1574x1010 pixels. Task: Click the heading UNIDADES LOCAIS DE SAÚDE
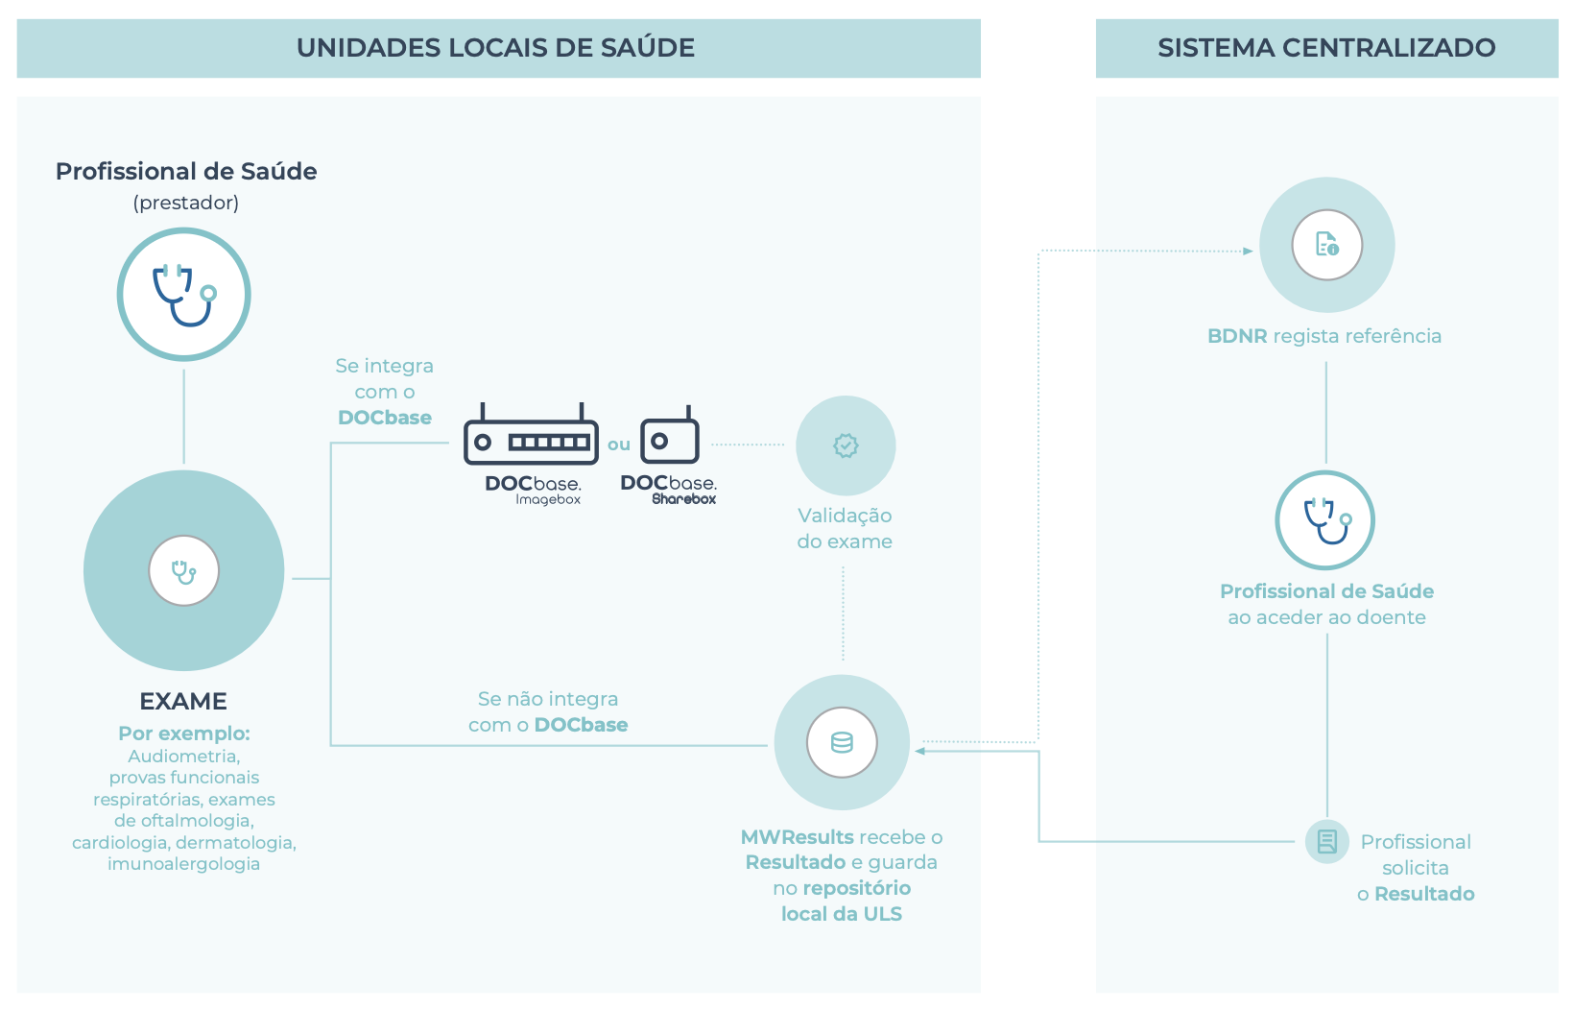495,48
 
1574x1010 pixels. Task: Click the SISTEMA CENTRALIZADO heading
1326,48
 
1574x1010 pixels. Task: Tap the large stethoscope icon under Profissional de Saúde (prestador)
184,295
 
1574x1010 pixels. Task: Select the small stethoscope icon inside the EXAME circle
184,571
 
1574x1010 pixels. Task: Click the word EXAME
183,702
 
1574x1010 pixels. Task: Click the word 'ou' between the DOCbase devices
619,445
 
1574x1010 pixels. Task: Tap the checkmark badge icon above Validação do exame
846,445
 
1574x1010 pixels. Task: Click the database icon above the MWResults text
842,742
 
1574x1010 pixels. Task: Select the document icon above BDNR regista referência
1327,245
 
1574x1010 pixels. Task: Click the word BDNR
1237,336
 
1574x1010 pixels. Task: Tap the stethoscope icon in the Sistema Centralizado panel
1325,520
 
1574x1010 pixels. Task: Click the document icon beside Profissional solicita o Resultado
1327,842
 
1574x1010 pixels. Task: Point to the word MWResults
797,837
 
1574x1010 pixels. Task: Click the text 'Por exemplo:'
184,733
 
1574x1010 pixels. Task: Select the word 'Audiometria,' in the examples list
184,757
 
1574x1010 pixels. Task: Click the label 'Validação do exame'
845,528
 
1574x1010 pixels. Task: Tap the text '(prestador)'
186,203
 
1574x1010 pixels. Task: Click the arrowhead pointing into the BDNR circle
1248,252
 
